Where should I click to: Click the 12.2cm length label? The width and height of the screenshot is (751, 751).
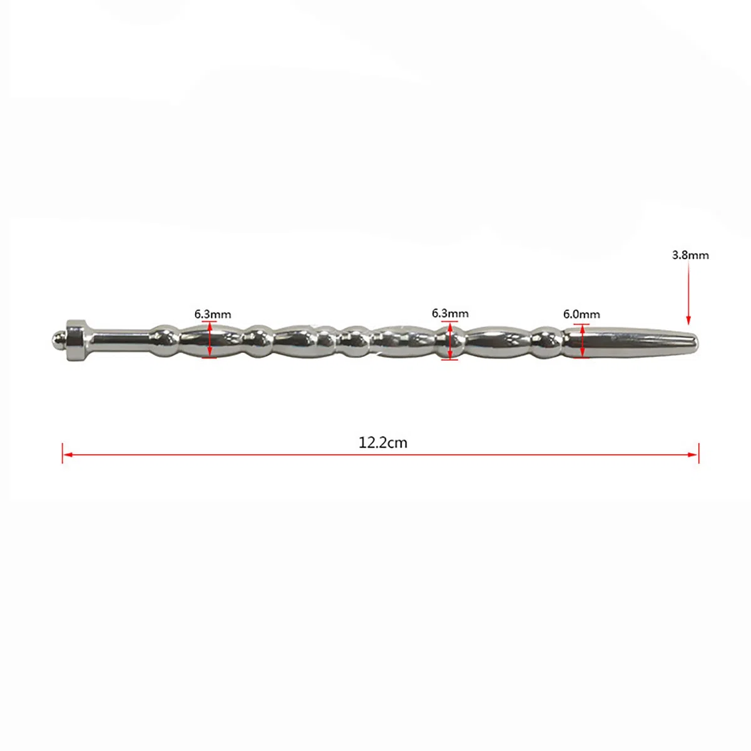click(x=383, y=443)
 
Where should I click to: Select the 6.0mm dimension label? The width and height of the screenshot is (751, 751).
click(x=581, y=314)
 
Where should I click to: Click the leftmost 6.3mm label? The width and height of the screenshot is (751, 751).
click(x=213, y=314)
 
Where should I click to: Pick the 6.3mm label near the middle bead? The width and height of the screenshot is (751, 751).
click(x=450, y=314)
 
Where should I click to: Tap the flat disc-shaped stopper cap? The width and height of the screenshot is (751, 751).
click(x=76, y=340)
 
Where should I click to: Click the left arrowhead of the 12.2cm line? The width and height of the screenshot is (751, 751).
click(x=68, y=454)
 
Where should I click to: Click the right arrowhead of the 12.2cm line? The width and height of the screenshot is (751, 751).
click(x=693, y=454)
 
